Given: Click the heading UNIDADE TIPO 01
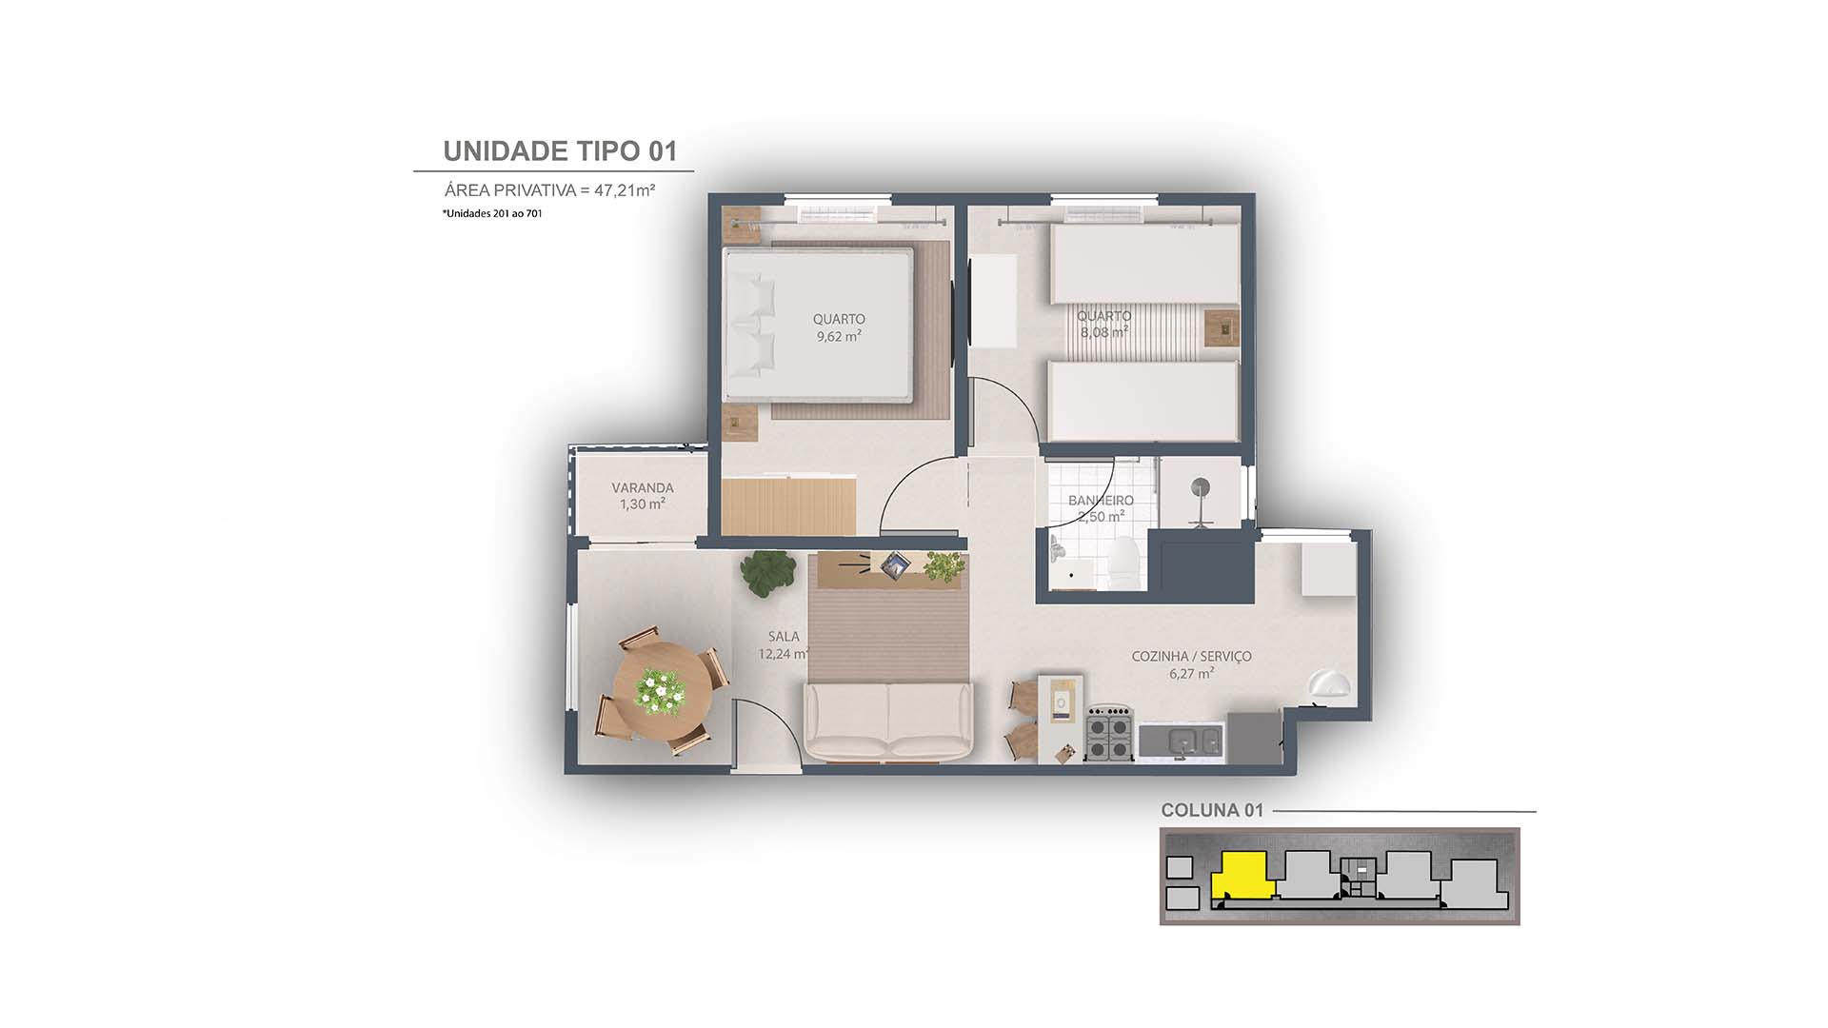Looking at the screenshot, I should pos(560,151).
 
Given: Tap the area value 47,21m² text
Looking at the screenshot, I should pos(624,190).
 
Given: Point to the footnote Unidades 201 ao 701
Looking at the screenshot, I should pos(492,214).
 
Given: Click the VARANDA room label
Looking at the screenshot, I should pos(643,487).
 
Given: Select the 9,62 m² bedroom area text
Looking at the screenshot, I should pos(839,337).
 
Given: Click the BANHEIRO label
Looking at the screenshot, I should pos(1101,500).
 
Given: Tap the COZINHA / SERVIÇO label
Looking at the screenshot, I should pos(1191,656).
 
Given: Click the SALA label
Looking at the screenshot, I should pos(784,636).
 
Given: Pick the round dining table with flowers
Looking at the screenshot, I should pos(663,690).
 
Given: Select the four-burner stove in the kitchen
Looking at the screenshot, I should pos(1109,734).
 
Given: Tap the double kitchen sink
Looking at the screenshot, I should pos(1182,740).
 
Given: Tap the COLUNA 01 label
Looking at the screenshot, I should pos(1211,811).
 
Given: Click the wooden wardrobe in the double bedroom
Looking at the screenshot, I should pos(788,505).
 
